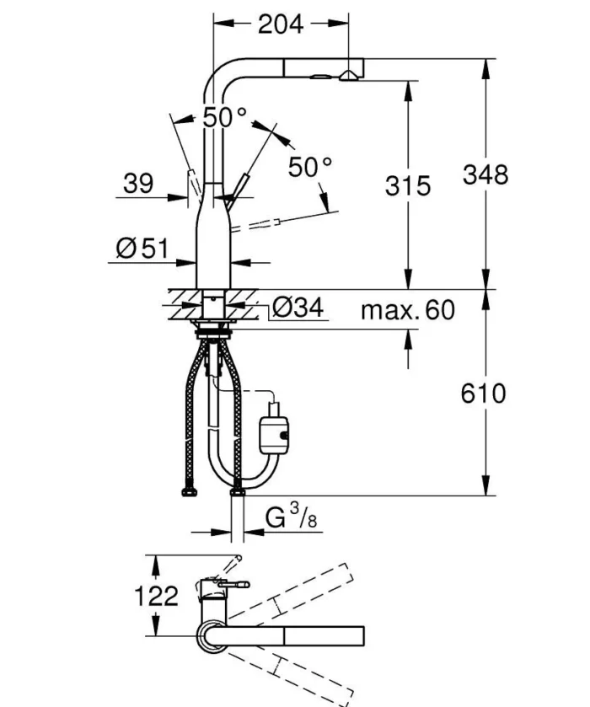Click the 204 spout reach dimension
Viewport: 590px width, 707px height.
point(281,24)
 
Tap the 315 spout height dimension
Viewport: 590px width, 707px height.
point(408,185)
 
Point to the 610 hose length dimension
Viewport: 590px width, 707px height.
point(484,393)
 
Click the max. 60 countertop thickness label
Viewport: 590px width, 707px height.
point(407,310)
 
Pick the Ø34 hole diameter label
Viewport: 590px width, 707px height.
point(297,308)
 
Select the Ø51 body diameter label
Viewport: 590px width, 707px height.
point(142,248)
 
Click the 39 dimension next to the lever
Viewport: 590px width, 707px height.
point(138,183)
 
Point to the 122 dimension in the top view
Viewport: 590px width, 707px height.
point(157,596)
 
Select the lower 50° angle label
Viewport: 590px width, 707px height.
point(310,167)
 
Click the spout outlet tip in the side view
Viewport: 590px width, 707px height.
point(346,78)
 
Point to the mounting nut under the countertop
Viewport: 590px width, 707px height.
point(214,329)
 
